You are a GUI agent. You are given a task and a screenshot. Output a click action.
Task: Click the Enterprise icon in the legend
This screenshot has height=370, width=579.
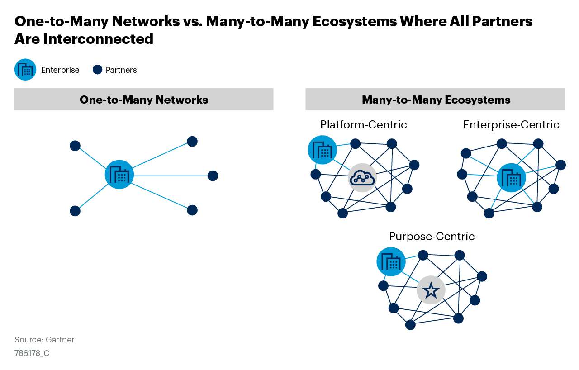click(25, 70)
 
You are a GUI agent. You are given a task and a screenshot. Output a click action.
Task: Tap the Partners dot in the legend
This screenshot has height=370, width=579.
click(97, 70)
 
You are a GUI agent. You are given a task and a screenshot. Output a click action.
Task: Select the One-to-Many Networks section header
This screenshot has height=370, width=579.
click(144, 100)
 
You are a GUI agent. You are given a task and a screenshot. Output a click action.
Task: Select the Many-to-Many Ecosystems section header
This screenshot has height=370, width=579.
click(436, 100)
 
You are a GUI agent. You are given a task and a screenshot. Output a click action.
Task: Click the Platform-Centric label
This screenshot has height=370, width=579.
click(363, 124)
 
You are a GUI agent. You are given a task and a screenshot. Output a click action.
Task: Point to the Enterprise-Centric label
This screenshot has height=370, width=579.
click(511, 124)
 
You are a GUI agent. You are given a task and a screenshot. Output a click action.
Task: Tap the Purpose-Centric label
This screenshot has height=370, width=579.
click(432, 236)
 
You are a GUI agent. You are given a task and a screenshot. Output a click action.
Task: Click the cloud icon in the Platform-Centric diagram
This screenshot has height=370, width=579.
click(362, 178)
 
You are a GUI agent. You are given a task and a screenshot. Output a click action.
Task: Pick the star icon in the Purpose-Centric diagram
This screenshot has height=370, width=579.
click(431, 290)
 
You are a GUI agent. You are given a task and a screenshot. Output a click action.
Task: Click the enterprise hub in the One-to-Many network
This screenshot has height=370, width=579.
click(119, 175)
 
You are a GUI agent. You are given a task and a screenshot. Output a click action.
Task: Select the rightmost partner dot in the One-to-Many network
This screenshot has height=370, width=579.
click(213, 176)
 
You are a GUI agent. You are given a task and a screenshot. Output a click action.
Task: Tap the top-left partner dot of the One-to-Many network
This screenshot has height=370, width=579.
click(75, 146)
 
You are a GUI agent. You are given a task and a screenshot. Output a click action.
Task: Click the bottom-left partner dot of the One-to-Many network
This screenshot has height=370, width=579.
click(75, 211)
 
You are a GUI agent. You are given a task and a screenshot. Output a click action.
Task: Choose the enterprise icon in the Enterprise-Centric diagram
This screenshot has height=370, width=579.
click(511, 178)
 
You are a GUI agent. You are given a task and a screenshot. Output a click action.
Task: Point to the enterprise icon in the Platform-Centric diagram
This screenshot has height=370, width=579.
click(322, 150)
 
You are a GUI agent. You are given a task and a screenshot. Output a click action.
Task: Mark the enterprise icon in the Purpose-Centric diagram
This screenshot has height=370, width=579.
click(391, 261)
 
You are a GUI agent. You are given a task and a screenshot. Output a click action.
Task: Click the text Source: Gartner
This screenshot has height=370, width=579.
click(44, 340)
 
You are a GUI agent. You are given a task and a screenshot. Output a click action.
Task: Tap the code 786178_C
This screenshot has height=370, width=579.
click(32, 353)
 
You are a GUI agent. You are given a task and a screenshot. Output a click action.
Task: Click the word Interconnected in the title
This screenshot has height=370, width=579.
click(99, 39)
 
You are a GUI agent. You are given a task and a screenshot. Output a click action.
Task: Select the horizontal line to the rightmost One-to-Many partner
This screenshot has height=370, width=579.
click(172, 176)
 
